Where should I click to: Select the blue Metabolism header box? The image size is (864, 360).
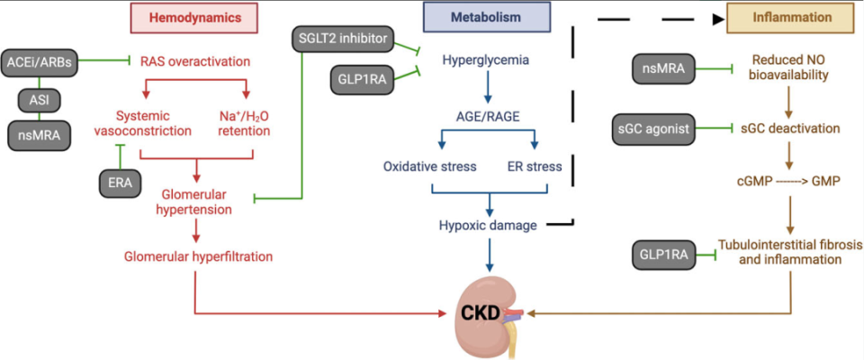(486, 18)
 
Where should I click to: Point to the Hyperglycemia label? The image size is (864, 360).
(485, 62)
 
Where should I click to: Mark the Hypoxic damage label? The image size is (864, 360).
(486, 227)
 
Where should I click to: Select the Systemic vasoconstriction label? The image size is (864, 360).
(154, 123)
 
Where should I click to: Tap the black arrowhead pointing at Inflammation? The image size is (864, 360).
(718, 18)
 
